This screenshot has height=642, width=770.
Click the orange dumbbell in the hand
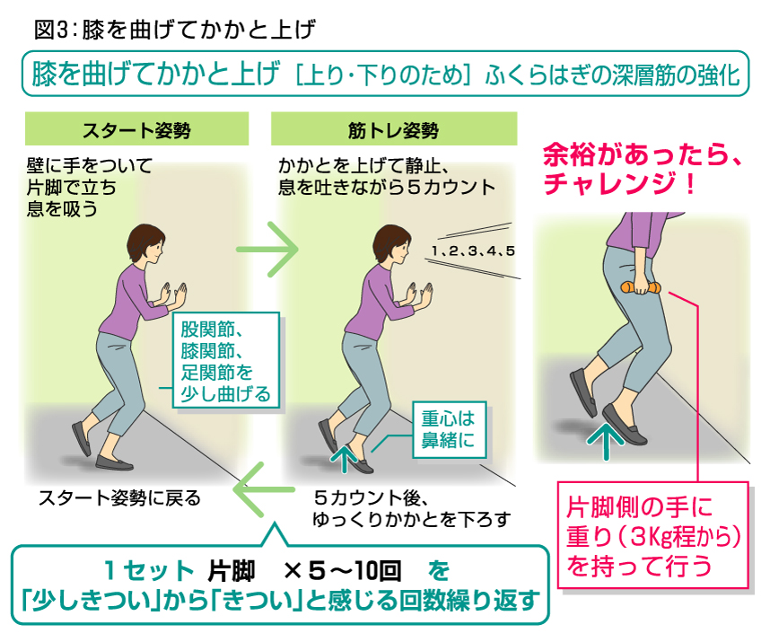(x=641, y=288)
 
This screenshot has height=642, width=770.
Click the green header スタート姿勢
(x=136, y=129)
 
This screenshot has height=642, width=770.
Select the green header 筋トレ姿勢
(x=394, y=129)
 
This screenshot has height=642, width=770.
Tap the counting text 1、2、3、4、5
(x=473, y=251)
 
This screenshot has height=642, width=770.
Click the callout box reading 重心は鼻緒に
(x=449, y=430)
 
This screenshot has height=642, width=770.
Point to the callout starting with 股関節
(x=225, y=360)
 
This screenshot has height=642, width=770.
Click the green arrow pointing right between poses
(x=267, y=249)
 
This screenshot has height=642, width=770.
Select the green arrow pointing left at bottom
(x=264, y=489)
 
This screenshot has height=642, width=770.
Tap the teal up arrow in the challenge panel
(x=606, y=441)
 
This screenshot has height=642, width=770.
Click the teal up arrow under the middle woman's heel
(x=345, y=458)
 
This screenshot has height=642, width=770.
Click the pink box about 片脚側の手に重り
(x=652, y=535)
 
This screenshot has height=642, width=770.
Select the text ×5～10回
(x=342, y=570)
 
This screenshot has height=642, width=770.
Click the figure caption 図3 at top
(x=49, y=30)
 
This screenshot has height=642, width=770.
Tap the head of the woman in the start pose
(x=145, y=243)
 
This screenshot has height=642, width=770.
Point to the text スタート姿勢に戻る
(x=120, y=498)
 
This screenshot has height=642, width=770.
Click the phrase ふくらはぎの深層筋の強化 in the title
(x=612, y=75)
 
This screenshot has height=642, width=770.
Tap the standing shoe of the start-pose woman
(x=114, y=462)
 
